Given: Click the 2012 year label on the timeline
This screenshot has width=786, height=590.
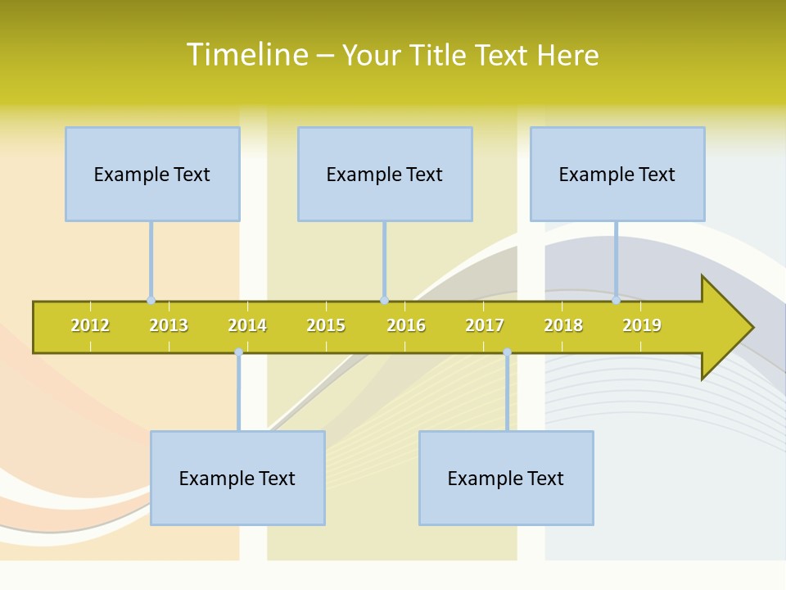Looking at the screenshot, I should point(90,325).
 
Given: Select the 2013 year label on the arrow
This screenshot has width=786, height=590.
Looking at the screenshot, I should point(169,325).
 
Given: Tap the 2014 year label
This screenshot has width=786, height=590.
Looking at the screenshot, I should point(247,325).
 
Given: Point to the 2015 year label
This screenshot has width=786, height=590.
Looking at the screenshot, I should point(326,325).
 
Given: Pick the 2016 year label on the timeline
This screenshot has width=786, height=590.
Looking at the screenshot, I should point(406,325).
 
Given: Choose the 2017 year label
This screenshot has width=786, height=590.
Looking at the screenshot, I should point(485,325).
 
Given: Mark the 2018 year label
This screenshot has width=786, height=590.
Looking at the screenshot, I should point(563,325).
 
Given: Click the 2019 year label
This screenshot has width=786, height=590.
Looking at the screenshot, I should point(642,325).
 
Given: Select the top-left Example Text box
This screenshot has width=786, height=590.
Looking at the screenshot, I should point(152,174).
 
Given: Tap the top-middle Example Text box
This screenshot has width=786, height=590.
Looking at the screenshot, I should point(385,174).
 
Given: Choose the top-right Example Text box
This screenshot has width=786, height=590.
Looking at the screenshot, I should point(617,174).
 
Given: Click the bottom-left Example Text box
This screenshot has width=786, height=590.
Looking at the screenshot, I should point(237,478).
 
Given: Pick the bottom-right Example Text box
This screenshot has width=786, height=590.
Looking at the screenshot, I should point(506,478).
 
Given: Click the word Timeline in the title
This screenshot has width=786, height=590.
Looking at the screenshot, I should point(247,55).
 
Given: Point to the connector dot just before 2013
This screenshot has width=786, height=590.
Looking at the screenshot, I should point(151,301).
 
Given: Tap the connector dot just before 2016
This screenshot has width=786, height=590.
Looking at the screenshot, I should point(384,301).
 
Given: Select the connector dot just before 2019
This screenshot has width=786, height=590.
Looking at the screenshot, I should point(617,301).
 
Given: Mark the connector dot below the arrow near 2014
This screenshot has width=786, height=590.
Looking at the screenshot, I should point(238,352).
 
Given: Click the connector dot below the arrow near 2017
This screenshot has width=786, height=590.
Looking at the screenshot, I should point(507,352).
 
